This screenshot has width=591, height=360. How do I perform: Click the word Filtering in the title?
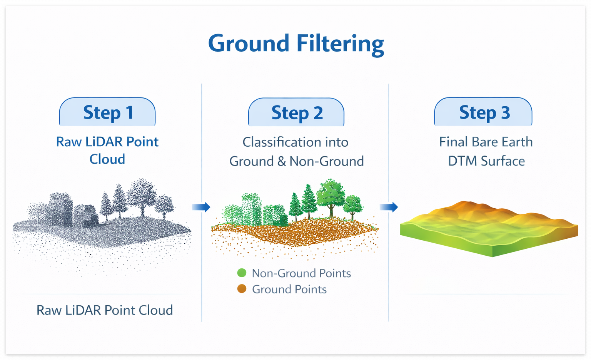point(341,43)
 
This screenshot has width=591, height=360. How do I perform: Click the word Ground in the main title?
point(249,43)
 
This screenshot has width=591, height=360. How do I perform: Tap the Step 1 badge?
point(107,112)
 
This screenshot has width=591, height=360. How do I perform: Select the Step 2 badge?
point(296,112)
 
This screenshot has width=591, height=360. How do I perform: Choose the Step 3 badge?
point(483,112)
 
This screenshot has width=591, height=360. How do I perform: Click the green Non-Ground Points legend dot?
point(242,273)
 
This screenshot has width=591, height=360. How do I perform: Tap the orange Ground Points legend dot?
point(242,289)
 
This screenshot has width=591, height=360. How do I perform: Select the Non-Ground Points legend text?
point(301,273)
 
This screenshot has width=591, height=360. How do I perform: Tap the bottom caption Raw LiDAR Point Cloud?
point(105,310)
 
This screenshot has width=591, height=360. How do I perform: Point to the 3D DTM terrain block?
point(489,229)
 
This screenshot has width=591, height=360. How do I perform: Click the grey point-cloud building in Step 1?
point(61,210)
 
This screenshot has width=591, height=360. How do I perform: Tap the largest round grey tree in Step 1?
point(142,194)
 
